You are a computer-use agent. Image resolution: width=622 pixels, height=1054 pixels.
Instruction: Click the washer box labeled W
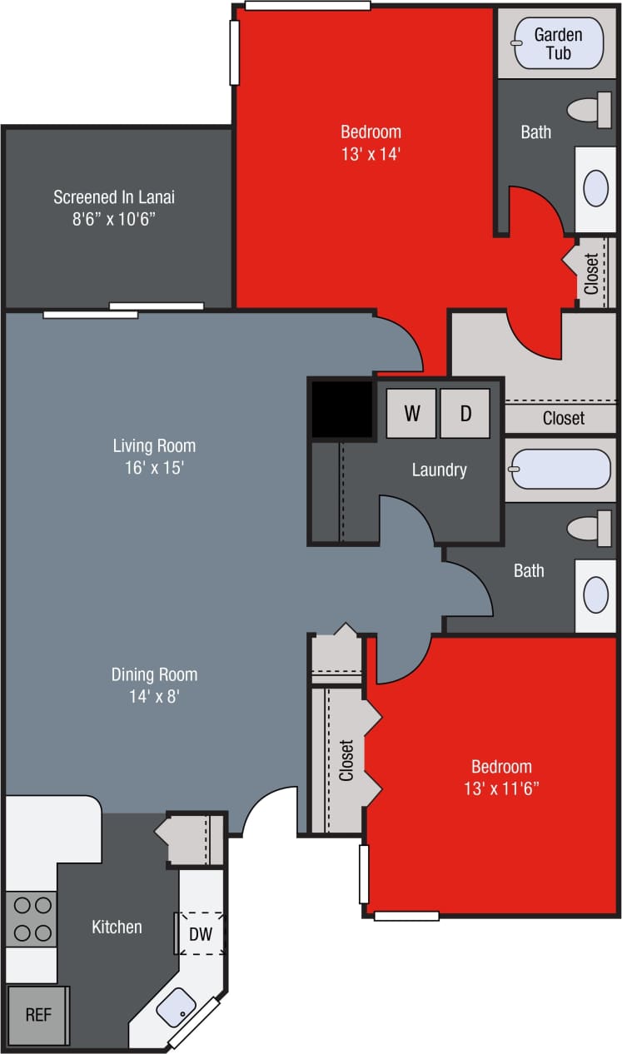click(411, 413)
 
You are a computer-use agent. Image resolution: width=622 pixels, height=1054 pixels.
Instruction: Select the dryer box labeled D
click(465, 413)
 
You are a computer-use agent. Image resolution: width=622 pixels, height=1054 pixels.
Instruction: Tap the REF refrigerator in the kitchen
click(37, 1016)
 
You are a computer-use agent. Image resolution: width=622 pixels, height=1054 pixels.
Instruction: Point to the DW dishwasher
click(200, 934)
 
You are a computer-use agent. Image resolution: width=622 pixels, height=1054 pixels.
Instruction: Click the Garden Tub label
click(558, 43)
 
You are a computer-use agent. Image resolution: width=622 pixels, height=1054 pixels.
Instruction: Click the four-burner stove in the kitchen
click(32, 918)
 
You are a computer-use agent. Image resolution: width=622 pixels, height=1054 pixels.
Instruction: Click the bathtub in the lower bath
click(560, 470)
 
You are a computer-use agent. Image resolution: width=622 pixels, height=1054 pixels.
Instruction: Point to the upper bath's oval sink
click(595, 189)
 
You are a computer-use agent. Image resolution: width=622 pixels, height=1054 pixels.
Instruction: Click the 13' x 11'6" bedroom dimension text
click(501, 788)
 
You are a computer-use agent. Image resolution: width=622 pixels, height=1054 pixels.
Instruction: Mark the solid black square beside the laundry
click(341, 408)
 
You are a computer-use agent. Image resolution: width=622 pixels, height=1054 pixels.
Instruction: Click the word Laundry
click(439, 470)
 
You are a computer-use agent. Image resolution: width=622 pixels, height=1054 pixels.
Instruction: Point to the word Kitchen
click(117, 927)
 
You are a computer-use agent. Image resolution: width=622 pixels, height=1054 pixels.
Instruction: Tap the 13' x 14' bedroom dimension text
click(371, 153)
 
